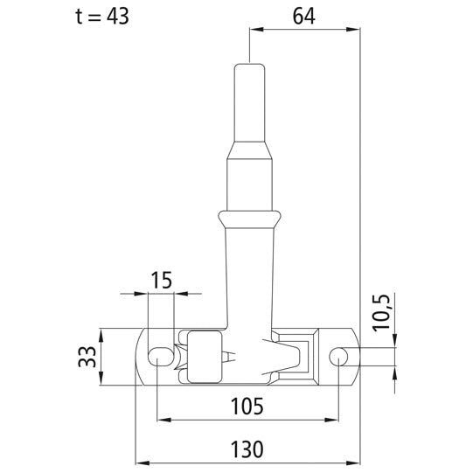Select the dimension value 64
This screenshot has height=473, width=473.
tap(303, 16)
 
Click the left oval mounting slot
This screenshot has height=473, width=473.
tap(161, 356)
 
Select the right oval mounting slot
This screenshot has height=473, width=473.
tap(341, 356)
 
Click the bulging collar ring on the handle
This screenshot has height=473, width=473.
tap(249, 219)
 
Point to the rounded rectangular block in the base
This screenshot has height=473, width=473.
tap(206, 356)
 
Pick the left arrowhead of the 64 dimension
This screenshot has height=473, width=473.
tap(255, 29)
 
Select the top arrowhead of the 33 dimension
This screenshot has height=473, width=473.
tap(101, 332)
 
